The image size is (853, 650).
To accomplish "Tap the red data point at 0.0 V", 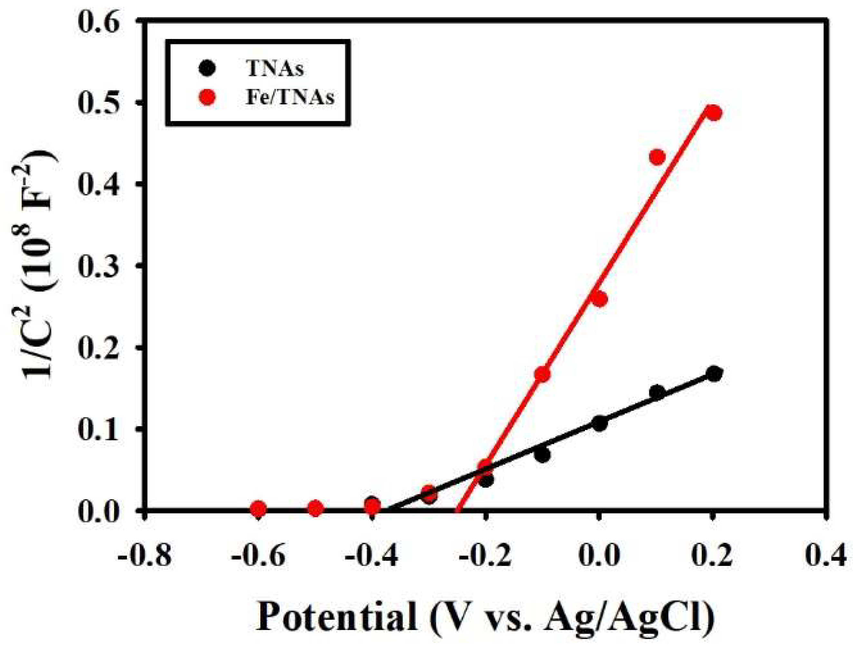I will click(599, 299).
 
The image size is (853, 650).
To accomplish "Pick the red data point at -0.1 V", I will click(542, 374).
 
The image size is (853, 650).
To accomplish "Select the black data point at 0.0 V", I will click(599, 423).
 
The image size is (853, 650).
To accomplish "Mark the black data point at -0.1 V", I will click(542, 455).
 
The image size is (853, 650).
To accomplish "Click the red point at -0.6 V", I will click(258, 509).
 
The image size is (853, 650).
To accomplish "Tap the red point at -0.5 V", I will click(315, 509).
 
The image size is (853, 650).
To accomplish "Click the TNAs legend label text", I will click(275, 69).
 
